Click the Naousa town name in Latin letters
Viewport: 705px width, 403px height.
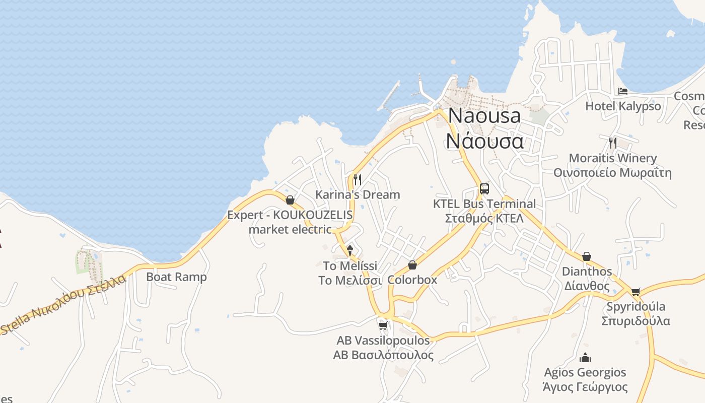point(484,116)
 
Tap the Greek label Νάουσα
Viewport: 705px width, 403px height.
point(484,141)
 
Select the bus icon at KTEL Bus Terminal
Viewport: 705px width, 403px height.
point(484,189)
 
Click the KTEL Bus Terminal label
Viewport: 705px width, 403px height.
point(484,204)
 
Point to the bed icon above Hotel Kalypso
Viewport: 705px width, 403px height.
point(623,91)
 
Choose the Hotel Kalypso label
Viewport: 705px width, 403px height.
point(623,106)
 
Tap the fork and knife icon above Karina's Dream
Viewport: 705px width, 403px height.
point(358,179)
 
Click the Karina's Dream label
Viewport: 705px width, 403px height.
point(358,194)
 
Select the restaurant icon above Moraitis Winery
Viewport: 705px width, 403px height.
point(613,143)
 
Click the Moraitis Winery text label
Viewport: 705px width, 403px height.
point(613,158)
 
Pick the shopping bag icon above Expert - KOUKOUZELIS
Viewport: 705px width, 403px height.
point(290,200)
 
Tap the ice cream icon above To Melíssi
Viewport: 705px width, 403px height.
point(350,250)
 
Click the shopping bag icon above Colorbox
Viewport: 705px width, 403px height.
point(412,265)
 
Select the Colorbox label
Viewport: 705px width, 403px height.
point(412,280)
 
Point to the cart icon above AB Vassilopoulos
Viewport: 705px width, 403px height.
point(383,325)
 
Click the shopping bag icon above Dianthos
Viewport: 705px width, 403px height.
point(587,257)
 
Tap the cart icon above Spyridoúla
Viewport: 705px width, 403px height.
point(636,292)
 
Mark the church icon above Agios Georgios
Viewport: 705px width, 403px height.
point(585,358)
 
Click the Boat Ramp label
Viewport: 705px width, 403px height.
point(176,277)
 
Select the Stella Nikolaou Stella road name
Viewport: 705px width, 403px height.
point(63,305)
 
